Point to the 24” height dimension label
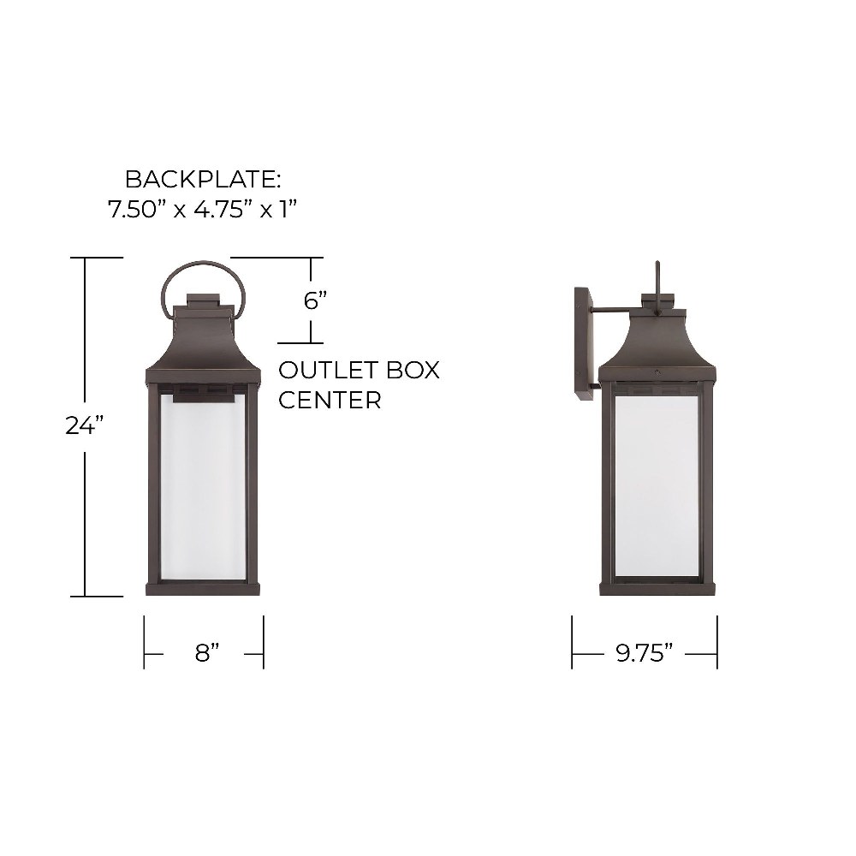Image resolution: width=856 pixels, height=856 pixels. click(x=85, y=425)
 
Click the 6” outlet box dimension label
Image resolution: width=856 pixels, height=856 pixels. click(x=315, y=300)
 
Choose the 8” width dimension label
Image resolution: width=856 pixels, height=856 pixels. click(x=207, y=652)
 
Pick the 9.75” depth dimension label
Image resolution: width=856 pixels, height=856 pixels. click(x=645, y=652)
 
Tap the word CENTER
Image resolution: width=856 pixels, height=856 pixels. click(x=330, y=400)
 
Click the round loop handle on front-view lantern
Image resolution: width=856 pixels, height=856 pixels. click(x=203, y=264)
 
